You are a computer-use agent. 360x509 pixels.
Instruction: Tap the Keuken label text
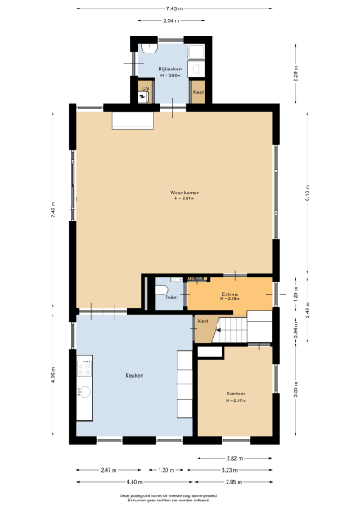click(x=134, y=375)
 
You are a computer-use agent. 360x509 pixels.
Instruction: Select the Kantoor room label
click(x=235, y=394)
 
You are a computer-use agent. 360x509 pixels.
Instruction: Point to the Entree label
click(x=229, y=294)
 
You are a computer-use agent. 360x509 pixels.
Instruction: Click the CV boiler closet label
click(x=145, y=87)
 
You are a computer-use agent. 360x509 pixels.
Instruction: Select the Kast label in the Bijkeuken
click(x=198, y=92)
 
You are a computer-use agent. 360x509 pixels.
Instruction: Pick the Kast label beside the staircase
click(x=203, y=321)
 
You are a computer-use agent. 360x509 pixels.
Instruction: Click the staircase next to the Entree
click(x=229, y=328)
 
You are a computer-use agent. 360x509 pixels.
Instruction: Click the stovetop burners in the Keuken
click(x=84, y=366)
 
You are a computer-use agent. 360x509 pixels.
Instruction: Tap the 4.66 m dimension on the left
click(x=53, y=374)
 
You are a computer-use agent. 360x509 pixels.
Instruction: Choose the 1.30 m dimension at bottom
click(x=166, y=469)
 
